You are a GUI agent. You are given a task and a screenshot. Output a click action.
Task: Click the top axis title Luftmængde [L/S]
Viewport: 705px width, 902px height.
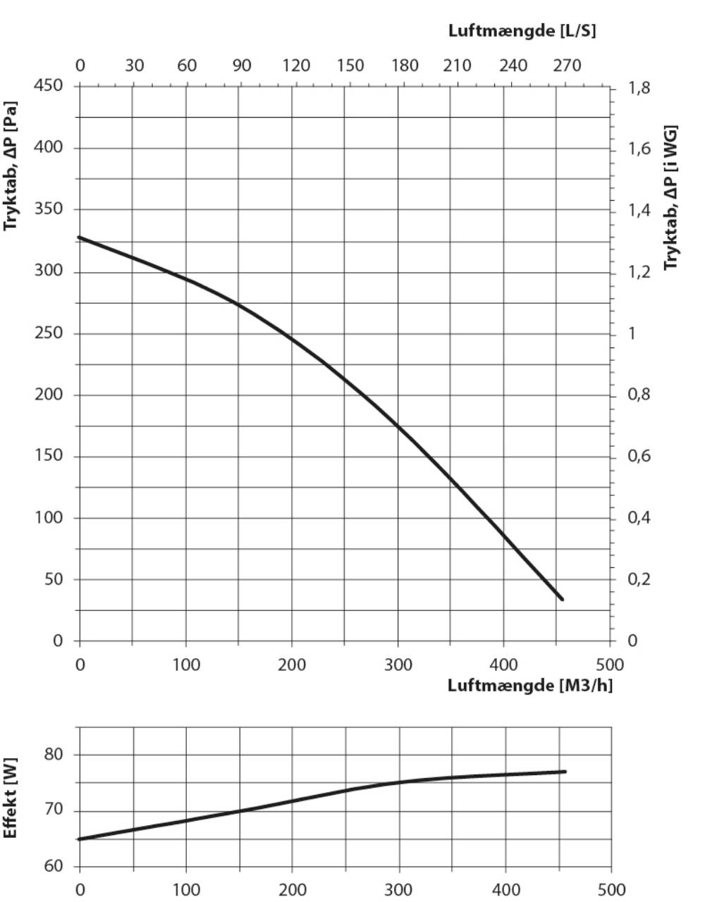point(522,31)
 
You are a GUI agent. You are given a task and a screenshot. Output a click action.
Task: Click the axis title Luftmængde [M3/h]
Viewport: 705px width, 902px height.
point(529,685)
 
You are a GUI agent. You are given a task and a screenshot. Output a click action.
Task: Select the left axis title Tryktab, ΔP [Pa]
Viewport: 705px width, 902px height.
point(11,166)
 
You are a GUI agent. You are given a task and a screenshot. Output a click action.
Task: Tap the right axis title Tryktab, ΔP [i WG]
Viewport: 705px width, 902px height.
point(670,197)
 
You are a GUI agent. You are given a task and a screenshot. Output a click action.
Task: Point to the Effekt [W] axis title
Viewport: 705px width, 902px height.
point(11,798)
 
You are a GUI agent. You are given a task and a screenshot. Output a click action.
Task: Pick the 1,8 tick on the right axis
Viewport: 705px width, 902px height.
point(640,88)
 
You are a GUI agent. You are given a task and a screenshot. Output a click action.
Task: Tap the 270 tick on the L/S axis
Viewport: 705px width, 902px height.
point(567,66)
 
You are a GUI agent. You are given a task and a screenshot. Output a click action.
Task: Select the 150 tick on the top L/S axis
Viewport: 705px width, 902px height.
point(350,66)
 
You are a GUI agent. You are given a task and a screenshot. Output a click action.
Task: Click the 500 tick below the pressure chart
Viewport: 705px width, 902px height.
point(610,665)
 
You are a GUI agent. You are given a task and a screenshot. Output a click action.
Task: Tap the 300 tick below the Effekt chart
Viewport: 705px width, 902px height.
point(399,889)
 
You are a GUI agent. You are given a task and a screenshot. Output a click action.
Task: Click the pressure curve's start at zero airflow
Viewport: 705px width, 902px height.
point(80,237)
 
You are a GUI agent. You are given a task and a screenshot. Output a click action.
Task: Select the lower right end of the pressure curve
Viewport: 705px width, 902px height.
point(561,599)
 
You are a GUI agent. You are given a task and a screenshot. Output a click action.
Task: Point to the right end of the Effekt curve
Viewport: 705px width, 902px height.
point(565,772)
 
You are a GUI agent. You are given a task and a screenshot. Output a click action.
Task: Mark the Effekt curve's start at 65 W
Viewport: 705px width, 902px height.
point(80,839)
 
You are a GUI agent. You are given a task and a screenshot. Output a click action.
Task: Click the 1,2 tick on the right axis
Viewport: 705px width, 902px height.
point(640,272)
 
